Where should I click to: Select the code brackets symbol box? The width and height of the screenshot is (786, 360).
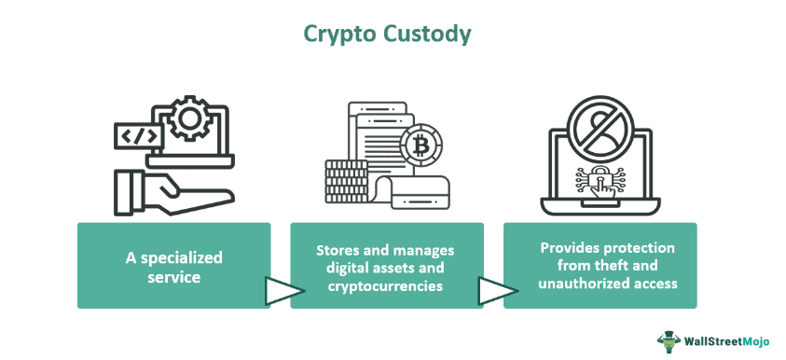pyautogui.click(x=137, y=136)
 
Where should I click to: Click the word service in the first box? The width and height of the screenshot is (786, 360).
pyautogui.click(x=173, y=276)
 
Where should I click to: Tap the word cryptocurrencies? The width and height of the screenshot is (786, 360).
pyautogui.click(x=386, y=285)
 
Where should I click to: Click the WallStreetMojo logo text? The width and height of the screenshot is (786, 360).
pyautogui.click(x=728, y=341)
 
